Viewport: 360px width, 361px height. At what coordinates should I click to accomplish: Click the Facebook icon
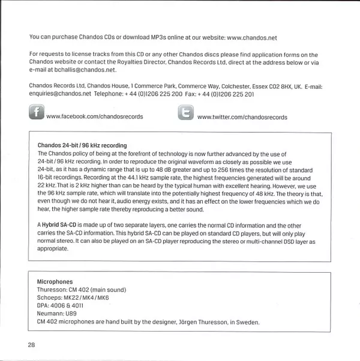pos(36,113)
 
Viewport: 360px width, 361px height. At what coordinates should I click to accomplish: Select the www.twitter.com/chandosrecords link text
pos(242,117)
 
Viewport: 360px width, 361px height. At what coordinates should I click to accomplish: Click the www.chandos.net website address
pos(252,37)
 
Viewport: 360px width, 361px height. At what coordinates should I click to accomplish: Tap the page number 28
pos(32,344)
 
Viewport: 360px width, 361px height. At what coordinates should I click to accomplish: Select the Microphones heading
pos(55,281)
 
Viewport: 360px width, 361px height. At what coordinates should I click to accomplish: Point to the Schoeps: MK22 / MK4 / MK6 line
pos(73,297)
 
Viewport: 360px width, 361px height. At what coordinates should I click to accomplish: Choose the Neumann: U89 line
pos(56,314)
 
